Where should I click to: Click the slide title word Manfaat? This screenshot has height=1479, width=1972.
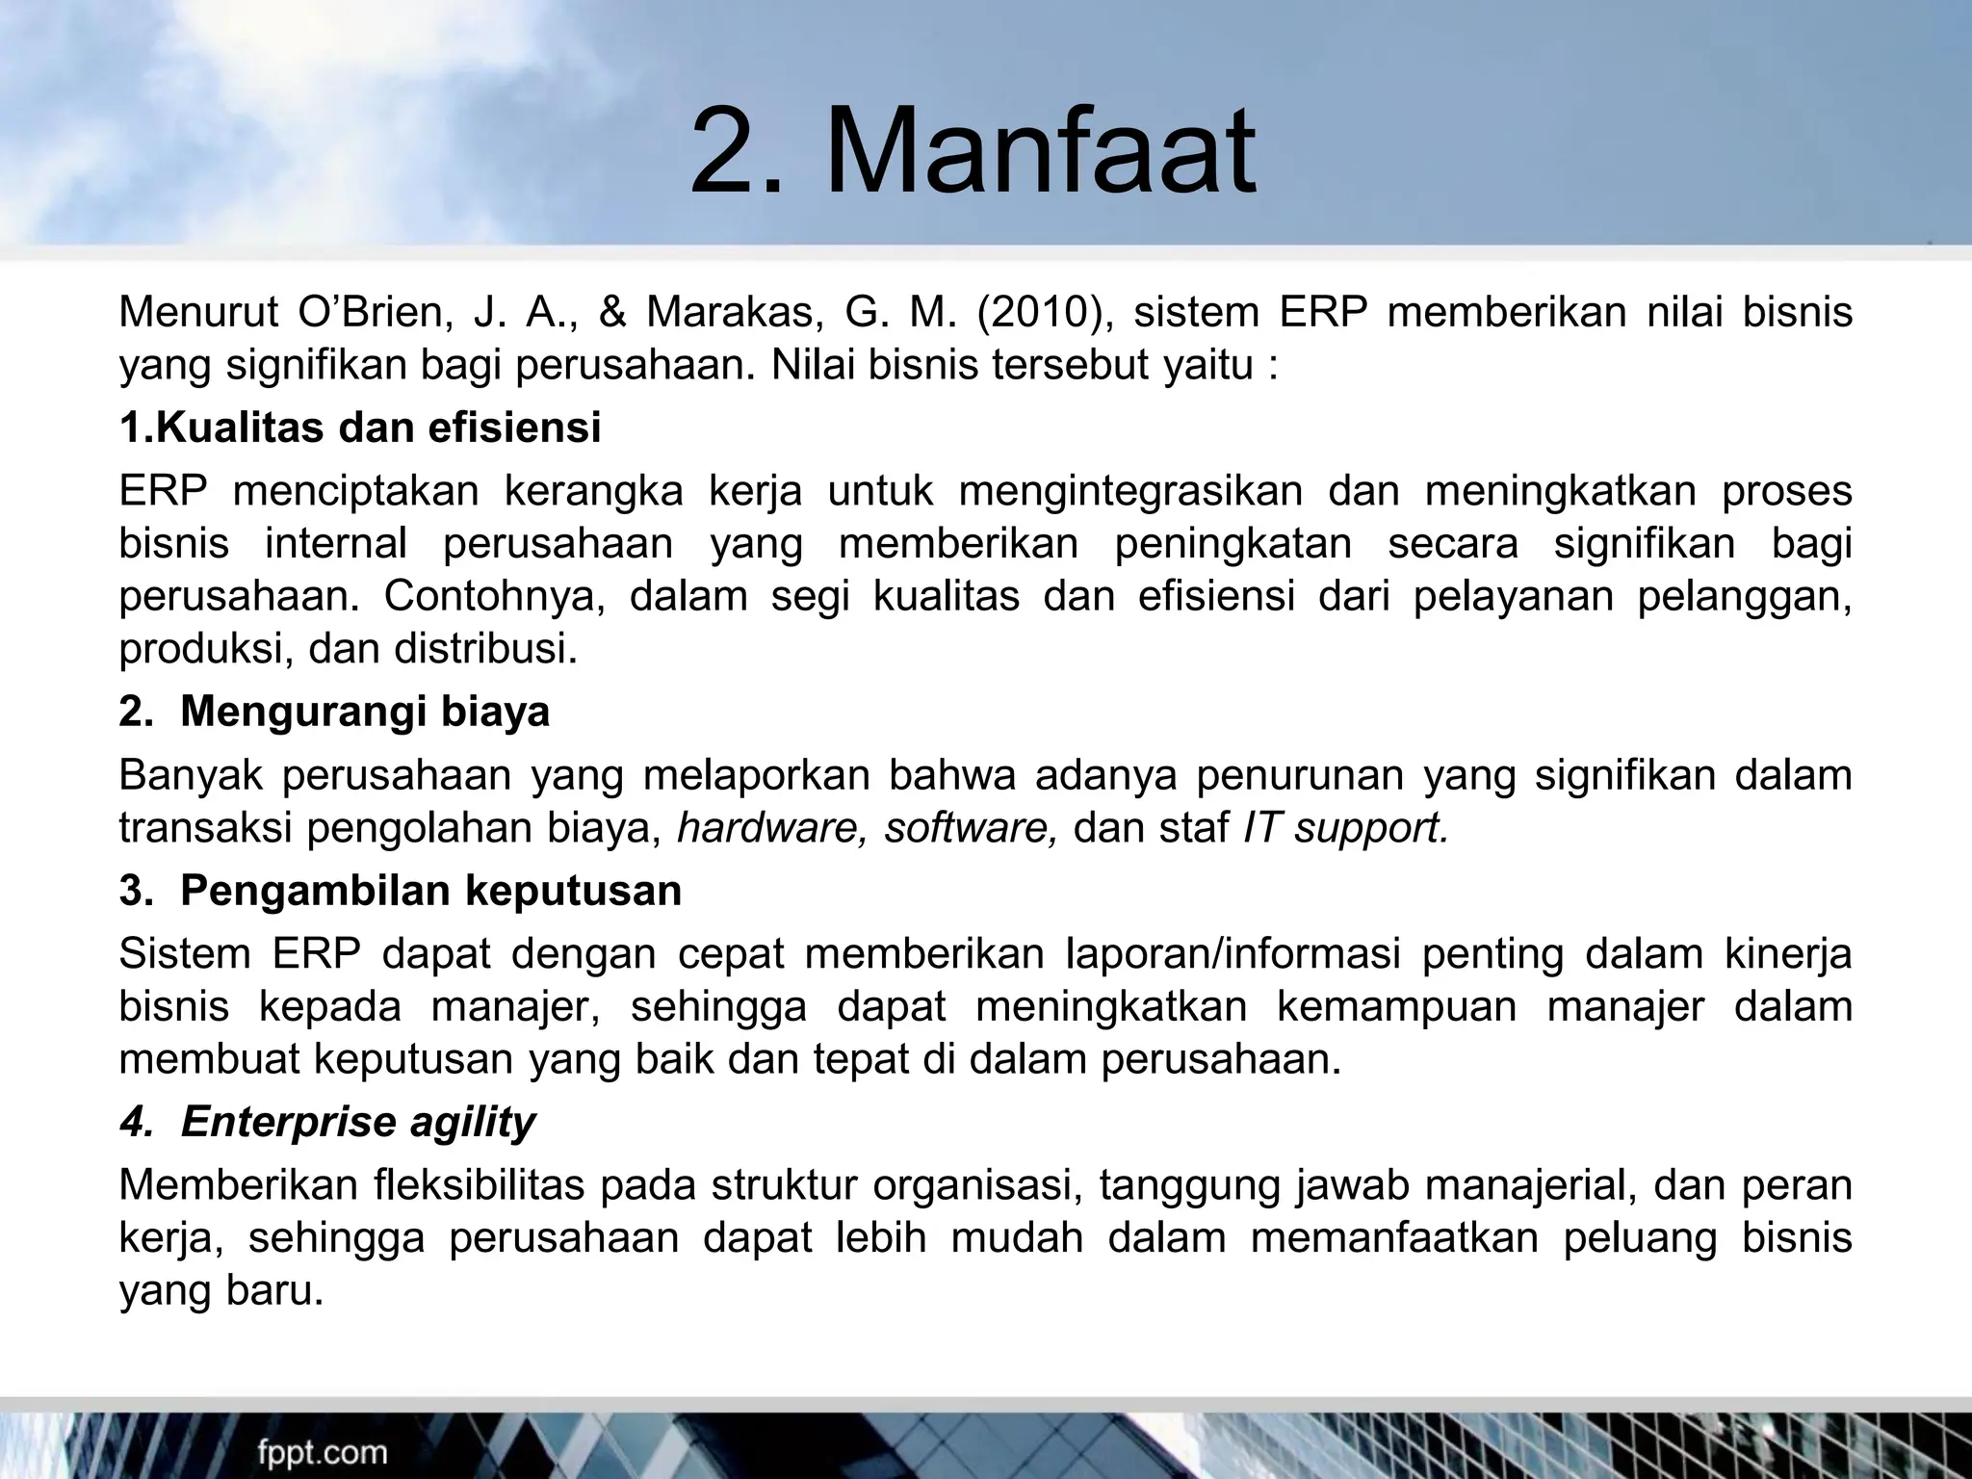point(1040,154)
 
